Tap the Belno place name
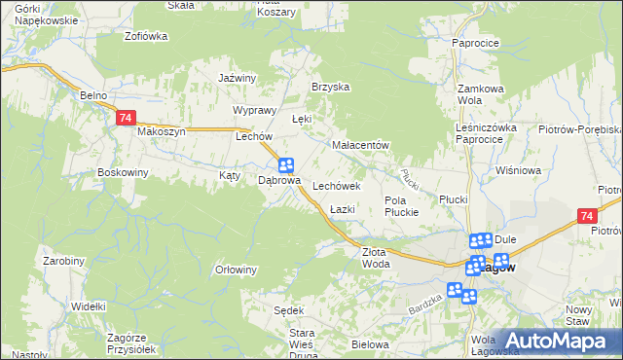click(x=93, y=95)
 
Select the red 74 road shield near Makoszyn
click(x=125, y=118)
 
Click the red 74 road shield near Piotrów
click(x=586, y=216)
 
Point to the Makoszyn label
click(x=161, y=131)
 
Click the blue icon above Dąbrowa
click(x=286, y=165)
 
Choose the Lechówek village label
click(x=337, y=185)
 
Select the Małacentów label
click(x=360, y=145)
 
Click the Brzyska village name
click(x=330, y=87)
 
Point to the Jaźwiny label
click(x=237, y=78)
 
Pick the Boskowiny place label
click(x=122, y=173)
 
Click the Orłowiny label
click(x=236, y=270)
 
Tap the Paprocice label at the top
click(x=475, y=43)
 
